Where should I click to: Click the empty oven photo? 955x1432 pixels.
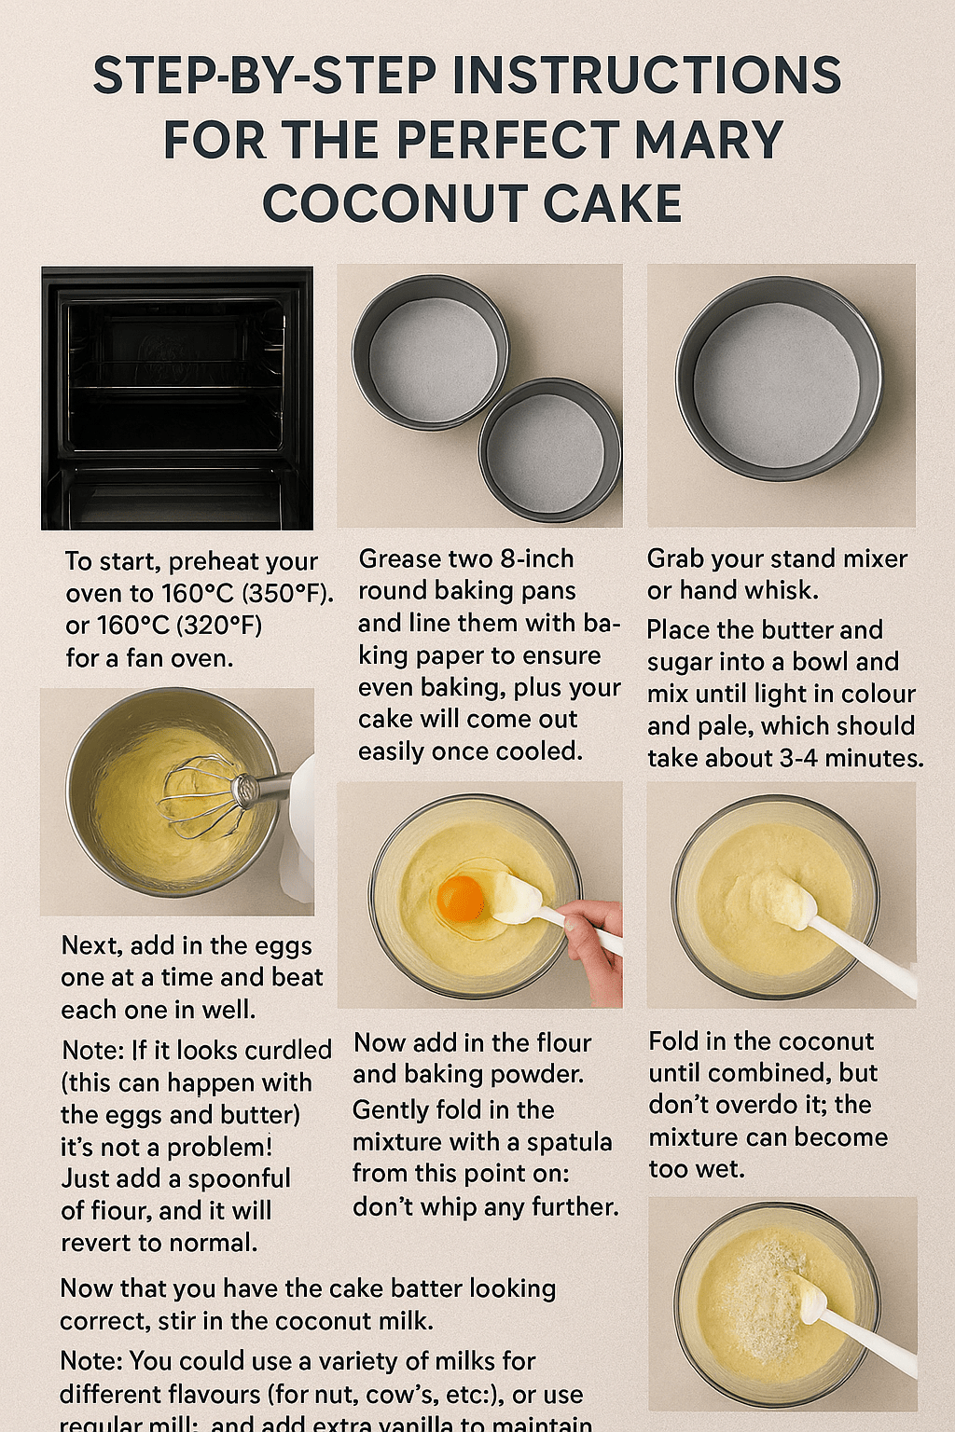tap(177, 398)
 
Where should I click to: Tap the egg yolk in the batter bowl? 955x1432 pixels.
tap(461, 898)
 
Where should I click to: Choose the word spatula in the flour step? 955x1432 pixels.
tap(569, 1142)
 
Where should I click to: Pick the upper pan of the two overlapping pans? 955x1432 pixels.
tap(431, 351)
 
